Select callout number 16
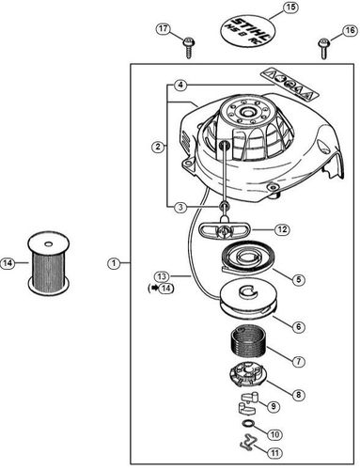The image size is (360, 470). point(351,30)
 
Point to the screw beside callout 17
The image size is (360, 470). point(188,41)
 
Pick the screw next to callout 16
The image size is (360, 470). point(325,41)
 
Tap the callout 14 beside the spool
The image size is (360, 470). point(8,263)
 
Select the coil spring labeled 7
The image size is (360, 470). point(247,361)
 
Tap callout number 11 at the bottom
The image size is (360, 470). point(275,453)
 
